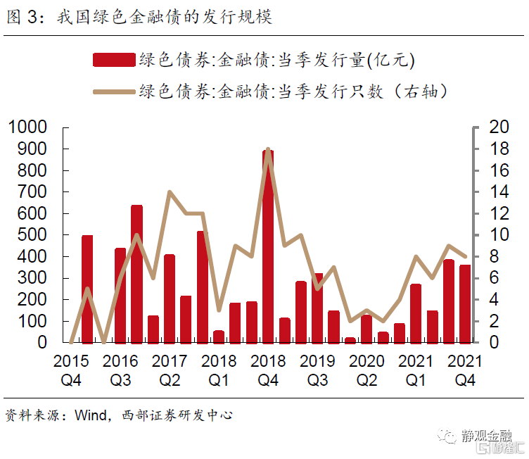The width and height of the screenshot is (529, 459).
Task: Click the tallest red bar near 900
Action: [x=268, y=246]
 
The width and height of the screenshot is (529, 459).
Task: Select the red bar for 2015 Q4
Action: [x=87, y=289]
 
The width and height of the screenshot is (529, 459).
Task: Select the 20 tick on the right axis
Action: [x=498, y=127]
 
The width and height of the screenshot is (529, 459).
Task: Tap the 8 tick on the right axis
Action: [x=494, y=256]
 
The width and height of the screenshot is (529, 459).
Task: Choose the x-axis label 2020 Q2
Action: [x=366, y=370]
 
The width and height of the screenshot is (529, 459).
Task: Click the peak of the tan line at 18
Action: [x=268, y=149]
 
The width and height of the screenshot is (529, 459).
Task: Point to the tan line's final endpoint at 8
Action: [x=465, y=256]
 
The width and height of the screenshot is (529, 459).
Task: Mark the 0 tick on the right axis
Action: [x=494, y=342]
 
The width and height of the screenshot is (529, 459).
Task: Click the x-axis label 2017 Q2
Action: [x=169, y=370]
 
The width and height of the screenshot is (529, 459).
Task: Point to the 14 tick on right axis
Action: [x=498, y=191]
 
